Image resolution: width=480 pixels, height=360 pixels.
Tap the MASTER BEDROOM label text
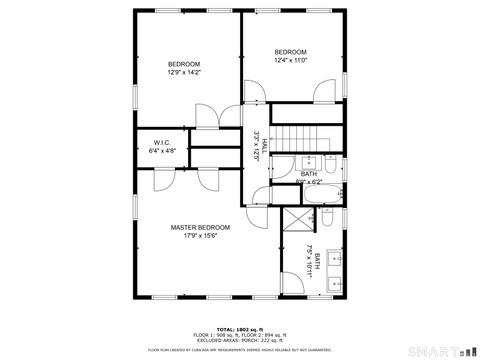tap(200, 227)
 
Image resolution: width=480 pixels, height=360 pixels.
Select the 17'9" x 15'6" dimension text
tap(200, 236)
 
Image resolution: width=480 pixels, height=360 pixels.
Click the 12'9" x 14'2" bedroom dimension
tap(184, 72)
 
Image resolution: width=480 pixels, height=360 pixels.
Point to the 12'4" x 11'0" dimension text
tap(290, 60)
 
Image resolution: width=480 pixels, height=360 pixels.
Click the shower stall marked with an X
tap(296, 222)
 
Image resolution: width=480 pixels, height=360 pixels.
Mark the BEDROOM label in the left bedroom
tap(184, 64)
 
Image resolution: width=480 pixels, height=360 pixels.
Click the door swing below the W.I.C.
tap(162, 181)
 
